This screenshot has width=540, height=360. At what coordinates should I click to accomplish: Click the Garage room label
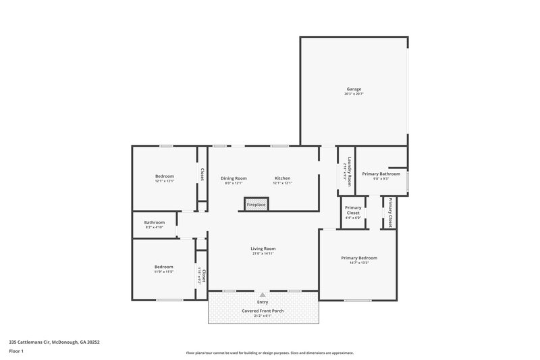354,89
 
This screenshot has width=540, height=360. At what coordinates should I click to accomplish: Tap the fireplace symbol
256,204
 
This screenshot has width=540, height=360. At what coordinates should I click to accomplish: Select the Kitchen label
282,178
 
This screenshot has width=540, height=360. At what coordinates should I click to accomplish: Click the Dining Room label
234,178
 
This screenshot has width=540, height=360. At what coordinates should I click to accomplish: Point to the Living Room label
263,249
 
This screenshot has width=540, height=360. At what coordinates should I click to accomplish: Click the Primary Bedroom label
358,258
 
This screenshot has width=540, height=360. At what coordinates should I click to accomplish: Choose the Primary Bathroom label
381,174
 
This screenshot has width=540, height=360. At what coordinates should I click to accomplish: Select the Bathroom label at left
154,222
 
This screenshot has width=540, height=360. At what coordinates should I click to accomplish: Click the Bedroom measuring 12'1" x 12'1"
165,176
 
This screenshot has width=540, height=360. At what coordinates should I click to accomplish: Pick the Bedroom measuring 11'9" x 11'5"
163,266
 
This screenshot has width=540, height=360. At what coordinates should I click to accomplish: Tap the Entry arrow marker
263,295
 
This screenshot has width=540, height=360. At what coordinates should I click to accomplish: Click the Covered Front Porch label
263,311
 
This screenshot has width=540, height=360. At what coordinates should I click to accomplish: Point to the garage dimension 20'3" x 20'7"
354,95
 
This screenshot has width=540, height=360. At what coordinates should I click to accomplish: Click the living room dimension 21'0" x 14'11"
263,254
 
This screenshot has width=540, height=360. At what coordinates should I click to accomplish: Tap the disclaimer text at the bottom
269,353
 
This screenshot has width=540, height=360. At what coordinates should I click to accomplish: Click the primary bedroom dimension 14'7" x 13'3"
358,263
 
